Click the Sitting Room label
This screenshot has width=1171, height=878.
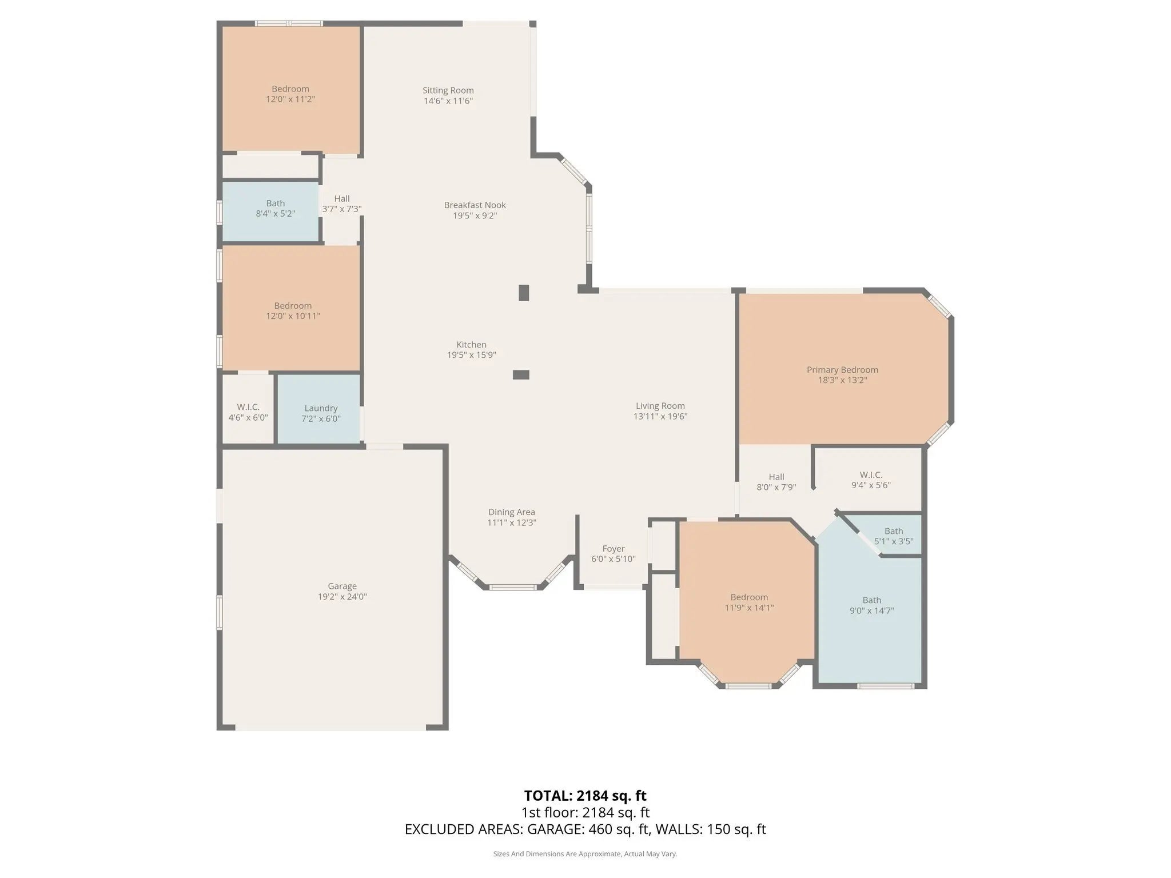pos(448,90)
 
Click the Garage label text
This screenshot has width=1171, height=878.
pos(342,586)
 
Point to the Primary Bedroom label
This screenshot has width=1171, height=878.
pos(842,370)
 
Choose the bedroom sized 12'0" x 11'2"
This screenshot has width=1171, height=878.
pos(290,90)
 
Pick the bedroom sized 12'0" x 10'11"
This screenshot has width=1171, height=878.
pos(291,308)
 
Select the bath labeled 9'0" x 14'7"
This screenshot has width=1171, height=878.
pos(870,606)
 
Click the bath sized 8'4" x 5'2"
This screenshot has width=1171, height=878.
pos(270,211)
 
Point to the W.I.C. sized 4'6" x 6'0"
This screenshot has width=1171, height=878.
pos(248,409)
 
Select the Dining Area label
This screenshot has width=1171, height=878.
pos(512,512)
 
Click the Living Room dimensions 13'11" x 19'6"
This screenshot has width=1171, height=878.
pos(660,416)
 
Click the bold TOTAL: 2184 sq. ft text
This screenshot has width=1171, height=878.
pos(585,796)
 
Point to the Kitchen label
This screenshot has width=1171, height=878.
pos(471,345)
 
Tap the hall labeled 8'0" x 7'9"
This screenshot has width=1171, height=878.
pos(776,480)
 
